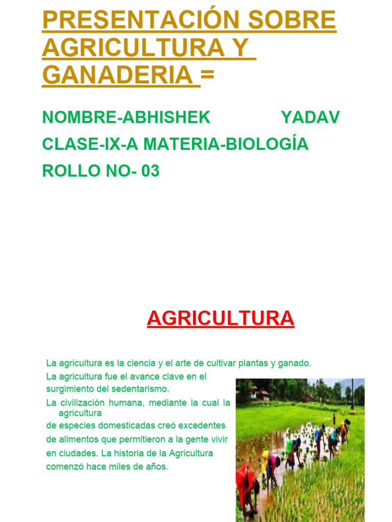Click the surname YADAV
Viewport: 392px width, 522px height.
coord(310,118)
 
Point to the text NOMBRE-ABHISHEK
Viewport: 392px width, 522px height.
coord(126,118)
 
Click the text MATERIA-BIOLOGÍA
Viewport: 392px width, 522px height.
coord(226,144)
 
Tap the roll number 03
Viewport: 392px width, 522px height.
coord(151,171)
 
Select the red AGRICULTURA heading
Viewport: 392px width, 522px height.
coord(220,319)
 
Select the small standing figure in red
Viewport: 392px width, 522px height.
coord(334,419)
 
